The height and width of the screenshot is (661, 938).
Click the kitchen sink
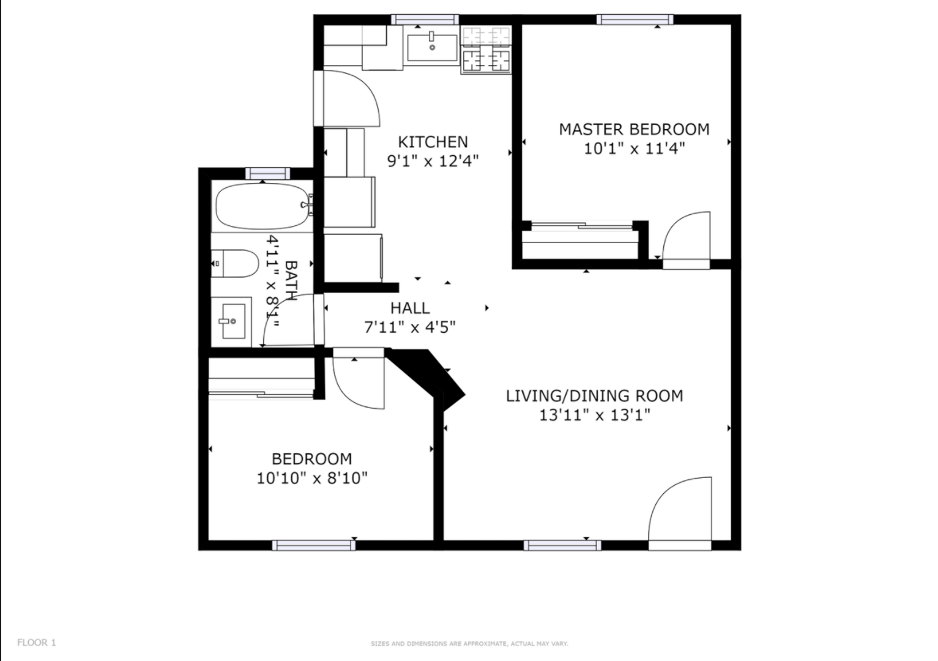point(432,48)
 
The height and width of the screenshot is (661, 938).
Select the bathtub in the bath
point(262,205)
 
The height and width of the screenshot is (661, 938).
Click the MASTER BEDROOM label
point(634,129)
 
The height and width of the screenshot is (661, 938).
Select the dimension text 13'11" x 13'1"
point(594,415)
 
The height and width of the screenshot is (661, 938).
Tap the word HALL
point(410,308)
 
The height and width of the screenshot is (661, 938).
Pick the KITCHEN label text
point(433,142)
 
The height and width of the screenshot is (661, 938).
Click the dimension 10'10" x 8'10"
point(312,477)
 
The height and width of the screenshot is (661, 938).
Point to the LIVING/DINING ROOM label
point(594,395)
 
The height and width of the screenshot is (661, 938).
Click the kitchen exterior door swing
point(346,98)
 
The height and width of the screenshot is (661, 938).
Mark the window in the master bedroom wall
point(635,20)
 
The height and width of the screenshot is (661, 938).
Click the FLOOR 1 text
point(37,642)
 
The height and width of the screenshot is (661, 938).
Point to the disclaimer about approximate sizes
point(469,643)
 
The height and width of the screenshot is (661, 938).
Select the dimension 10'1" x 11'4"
point(634,148)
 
